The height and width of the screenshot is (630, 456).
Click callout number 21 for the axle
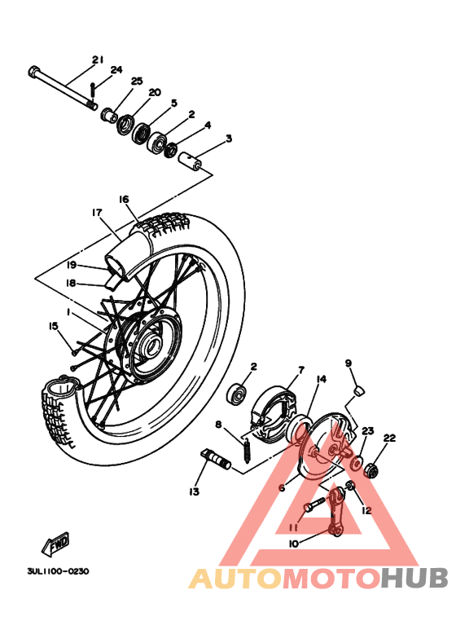point(99,59)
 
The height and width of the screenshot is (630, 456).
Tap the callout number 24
point(116,70)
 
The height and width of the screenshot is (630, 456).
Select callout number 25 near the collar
point(136,82)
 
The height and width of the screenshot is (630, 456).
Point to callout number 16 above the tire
point(124,199)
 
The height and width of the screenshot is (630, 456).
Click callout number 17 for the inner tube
point(97,213)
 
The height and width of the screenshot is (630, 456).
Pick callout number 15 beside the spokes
point(54,326)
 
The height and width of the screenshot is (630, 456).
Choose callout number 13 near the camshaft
point(194,492)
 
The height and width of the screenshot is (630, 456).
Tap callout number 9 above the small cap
point(348,363)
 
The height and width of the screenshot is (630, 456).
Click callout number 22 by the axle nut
point(389,438)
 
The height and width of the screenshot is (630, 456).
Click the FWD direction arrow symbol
point(57,543)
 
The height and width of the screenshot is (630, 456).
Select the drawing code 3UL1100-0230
point(52,571)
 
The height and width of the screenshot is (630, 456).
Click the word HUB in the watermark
point(414,579)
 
